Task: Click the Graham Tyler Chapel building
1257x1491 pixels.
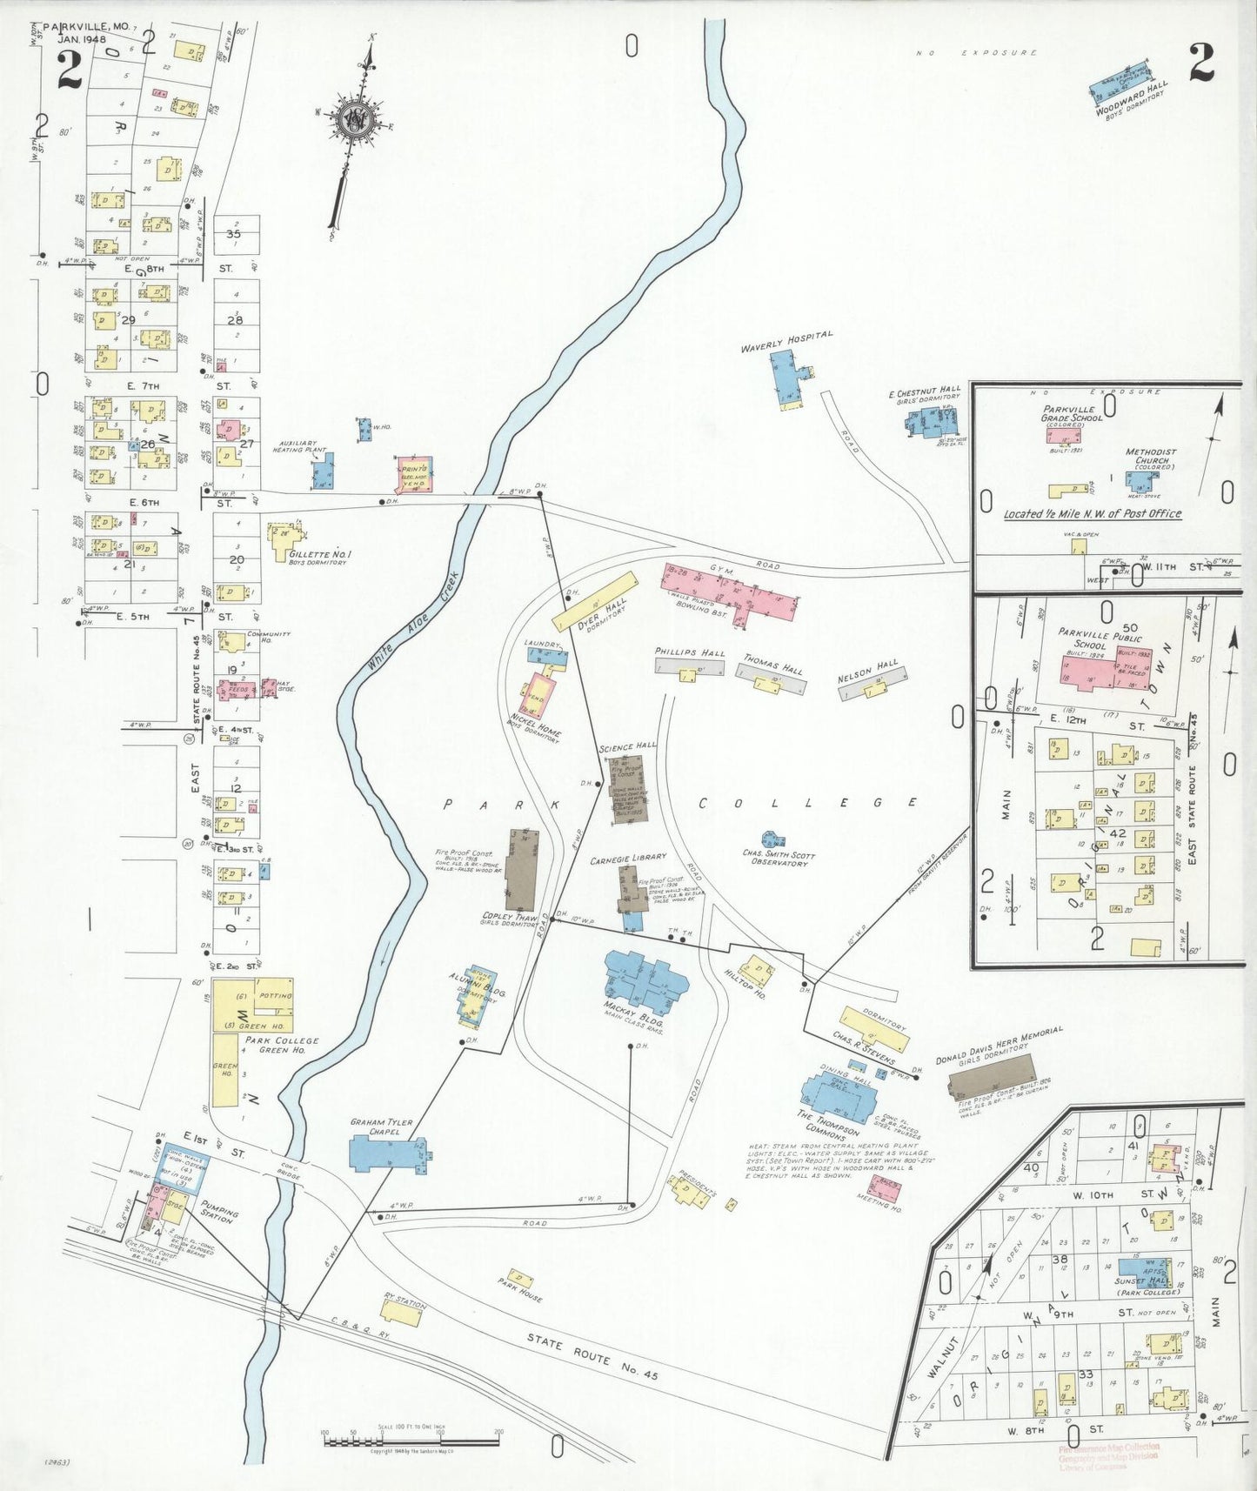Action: tap(386, 1153)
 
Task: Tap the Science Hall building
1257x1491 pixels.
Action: tap(626, 788)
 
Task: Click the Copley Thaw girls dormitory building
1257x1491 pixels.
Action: tap(521, 870)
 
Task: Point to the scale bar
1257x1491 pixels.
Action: tap(411, 1440)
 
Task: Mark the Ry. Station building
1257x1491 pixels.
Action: tap(402, 1311)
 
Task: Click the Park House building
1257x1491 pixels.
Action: tap(520, 1279)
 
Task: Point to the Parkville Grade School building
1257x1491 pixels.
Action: tap(1063, 432)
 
